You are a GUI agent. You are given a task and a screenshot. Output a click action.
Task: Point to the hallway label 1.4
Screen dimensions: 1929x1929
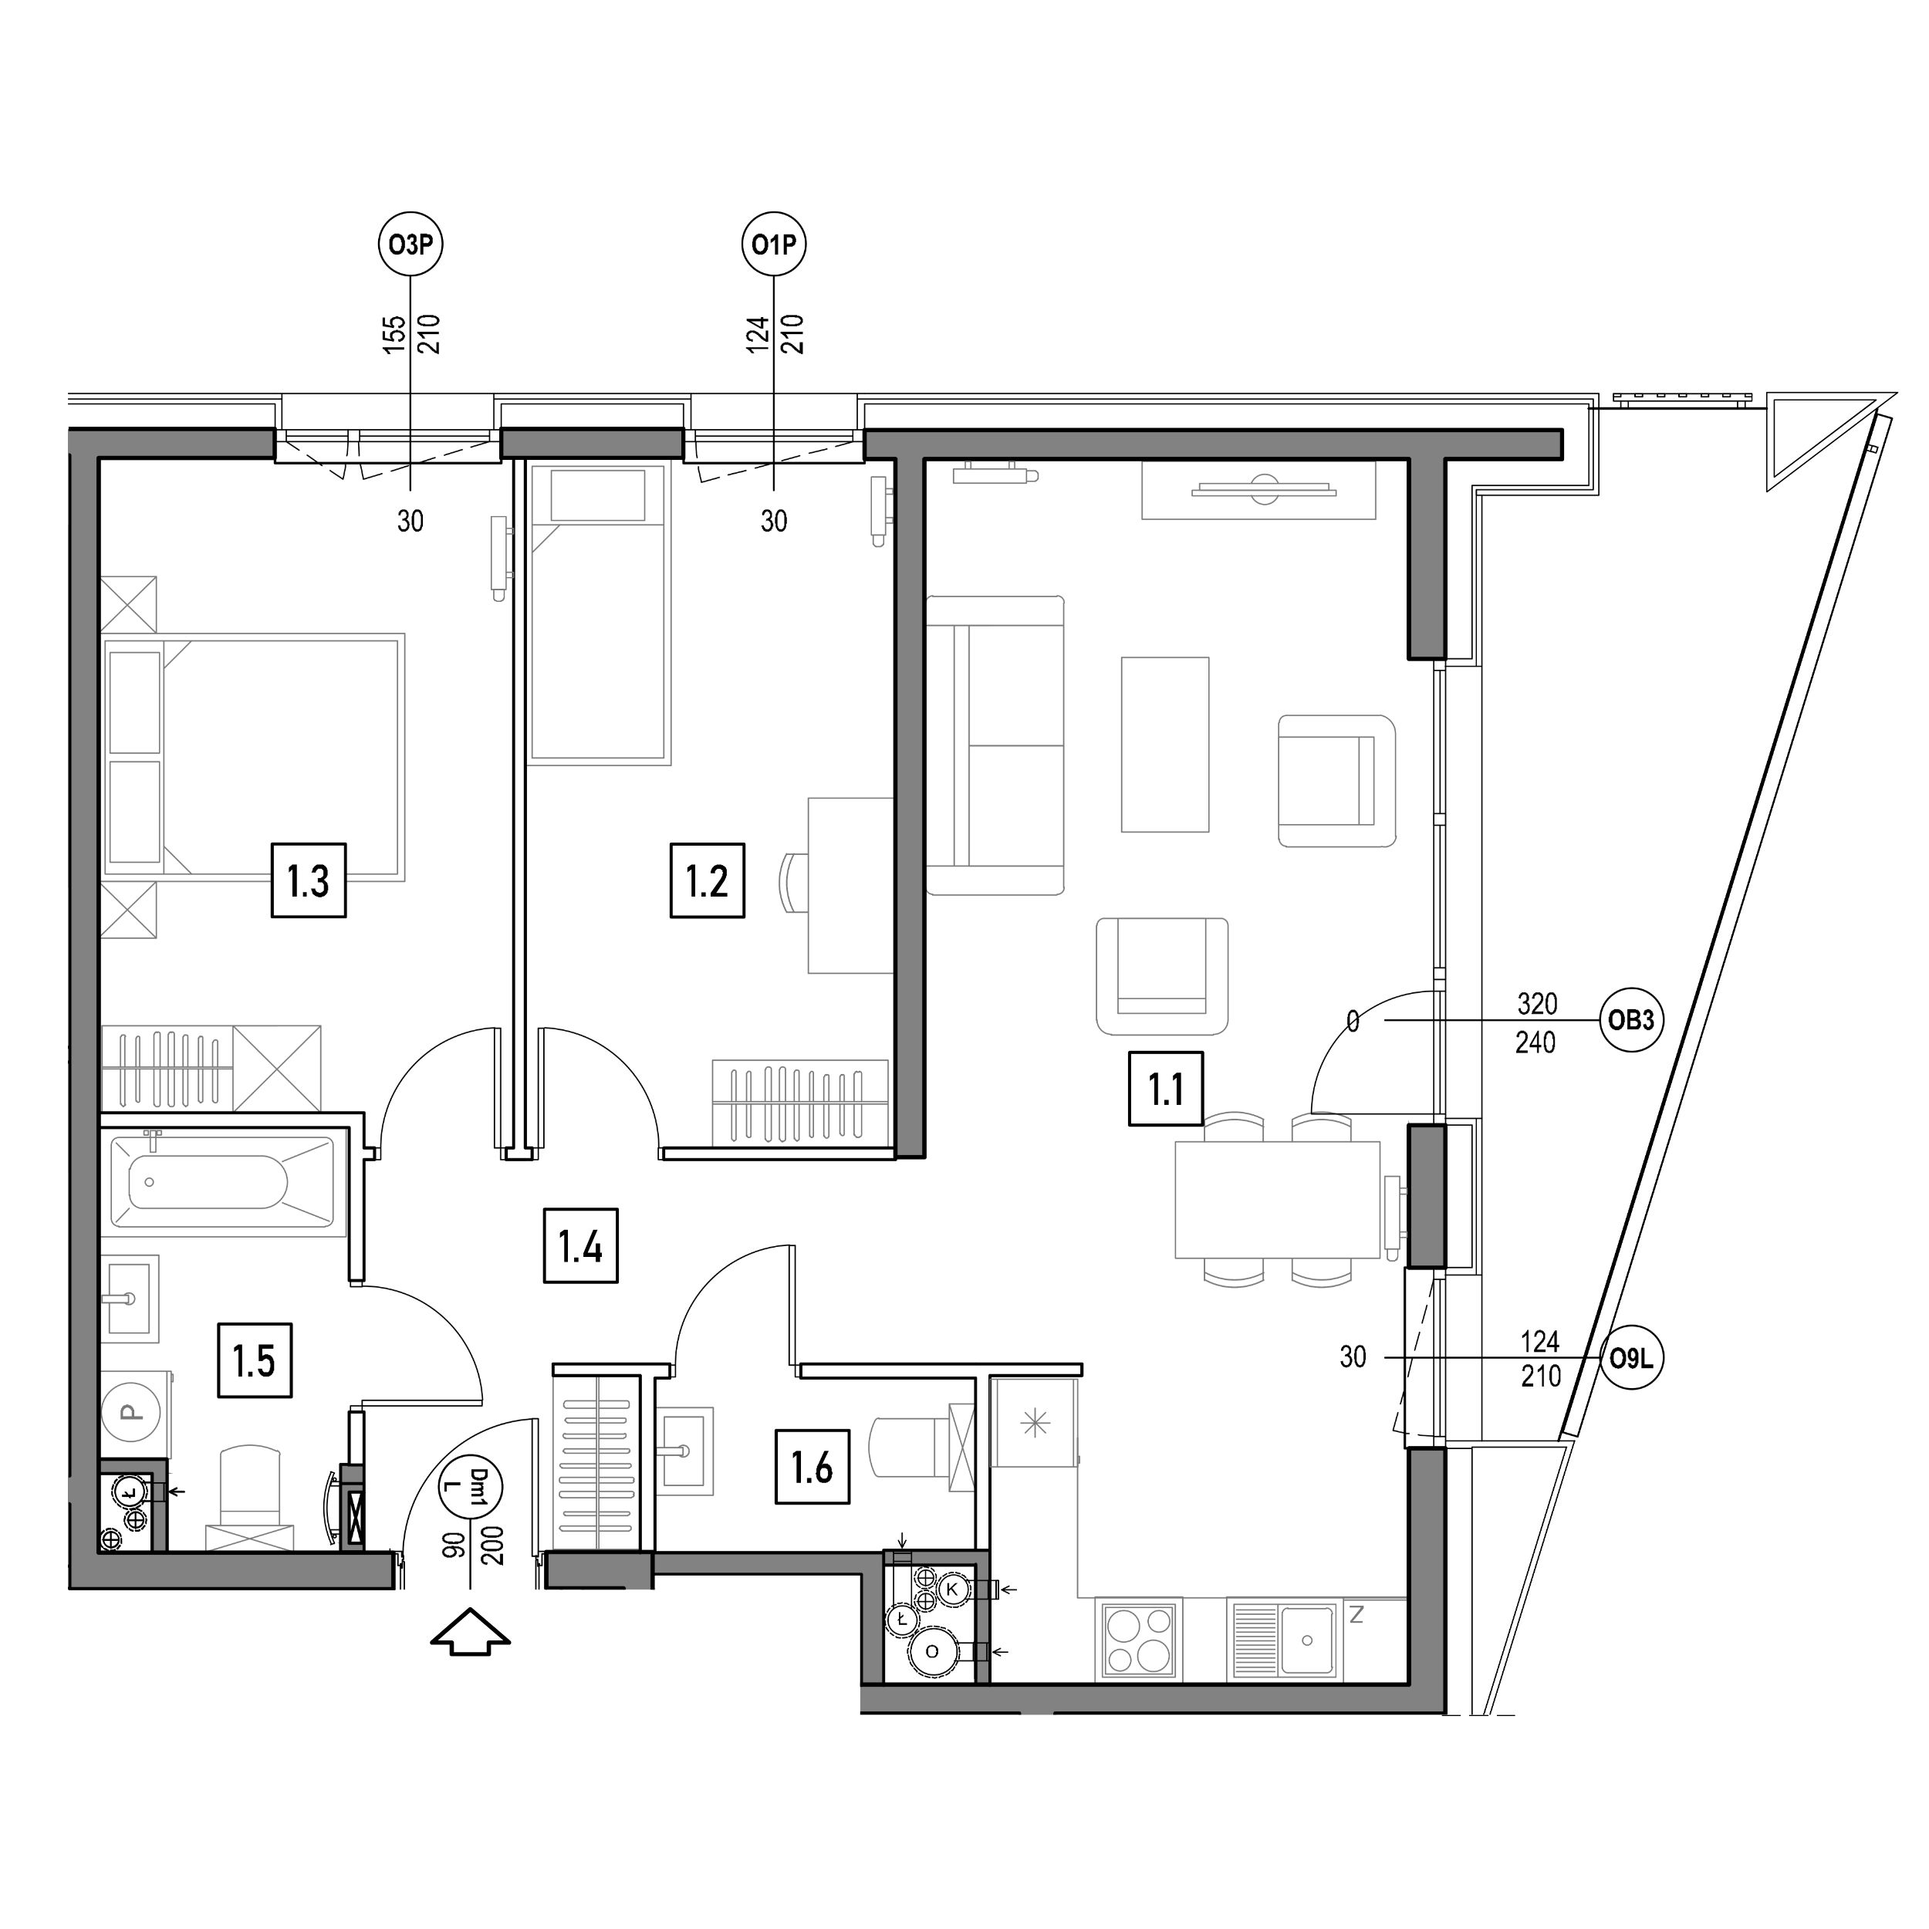[580, 1245]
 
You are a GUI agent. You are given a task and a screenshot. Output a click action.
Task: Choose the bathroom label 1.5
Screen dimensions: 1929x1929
[255, 1360]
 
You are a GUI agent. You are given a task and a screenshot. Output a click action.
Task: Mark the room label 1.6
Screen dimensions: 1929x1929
[812, 1468]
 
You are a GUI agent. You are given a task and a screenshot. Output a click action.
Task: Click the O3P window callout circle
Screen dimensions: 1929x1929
[410, 244]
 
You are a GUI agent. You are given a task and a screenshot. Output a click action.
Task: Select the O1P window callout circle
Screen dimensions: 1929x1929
[774, 244]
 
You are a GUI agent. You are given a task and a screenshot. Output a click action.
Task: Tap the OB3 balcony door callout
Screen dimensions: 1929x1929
[1631, 1020]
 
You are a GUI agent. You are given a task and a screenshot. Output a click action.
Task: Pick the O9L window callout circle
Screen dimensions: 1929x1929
[1631, 1358]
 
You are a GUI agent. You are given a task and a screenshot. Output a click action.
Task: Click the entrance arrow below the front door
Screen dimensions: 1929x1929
[470, 1633]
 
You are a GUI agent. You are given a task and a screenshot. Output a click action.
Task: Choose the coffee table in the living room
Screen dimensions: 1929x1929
[1165, 744]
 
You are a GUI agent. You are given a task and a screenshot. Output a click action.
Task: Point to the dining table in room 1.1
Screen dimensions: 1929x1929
[1278, 1198]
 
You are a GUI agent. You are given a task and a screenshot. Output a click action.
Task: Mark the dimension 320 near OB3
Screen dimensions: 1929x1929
[1536, 1002]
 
